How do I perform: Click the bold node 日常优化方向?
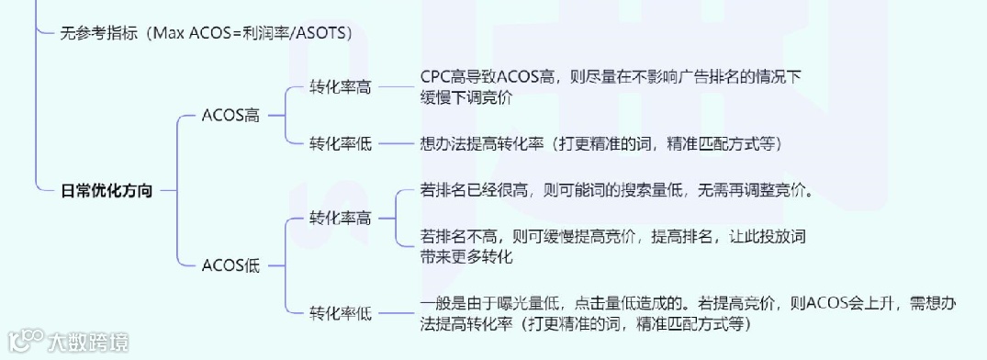106,190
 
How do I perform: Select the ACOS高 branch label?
230,116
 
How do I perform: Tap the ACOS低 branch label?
230,266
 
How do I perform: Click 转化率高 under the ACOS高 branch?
341,87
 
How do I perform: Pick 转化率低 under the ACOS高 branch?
341,143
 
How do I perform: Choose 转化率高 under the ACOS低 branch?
341,219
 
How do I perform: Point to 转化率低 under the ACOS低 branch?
341,313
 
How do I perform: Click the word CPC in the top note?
435,76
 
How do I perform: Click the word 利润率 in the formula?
266,32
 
